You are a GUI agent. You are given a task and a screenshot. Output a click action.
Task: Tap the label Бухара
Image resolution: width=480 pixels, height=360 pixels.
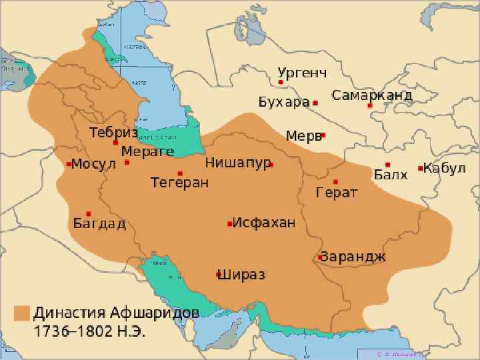pos(284,103)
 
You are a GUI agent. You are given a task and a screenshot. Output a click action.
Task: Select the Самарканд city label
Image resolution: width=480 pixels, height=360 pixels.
pos(371,95)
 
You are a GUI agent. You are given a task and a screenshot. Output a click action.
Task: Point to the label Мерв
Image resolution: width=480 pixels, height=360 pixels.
pos(303,135)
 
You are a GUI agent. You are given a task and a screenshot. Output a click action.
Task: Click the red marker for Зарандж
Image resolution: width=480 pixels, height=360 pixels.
pos(321,257)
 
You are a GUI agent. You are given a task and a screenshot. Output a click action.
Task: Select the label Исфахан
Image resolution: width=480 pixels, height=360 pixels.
pos(263,223)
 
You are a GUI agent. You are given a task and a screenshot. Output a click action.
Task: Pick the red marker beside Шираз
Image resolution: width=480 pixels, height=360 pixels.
pos(218,274)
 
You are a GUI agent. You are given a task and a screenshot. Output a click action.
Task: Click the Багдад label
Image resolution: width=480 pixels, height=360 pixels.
pos(99,223)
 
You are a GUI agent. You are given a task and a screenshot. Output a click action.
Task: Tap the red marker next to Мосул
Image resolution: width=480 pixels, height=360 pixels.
pos(69,163)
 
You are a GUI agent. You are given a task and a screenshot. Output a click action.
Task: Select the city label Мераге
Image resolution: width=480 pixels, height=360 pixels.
pos(147,151)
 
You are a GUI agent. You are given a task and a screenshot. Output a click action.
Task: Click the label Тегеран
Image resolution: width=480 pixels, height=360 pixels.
pos(179,182)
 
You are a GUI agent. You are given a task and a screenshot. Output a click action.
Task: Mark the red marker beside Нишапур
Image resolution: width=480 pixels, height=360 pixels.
pos(271,163)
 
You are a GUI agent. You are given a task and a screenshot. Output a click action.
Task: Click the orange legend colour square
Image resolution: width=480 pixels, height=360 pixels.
pos(23,313)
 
